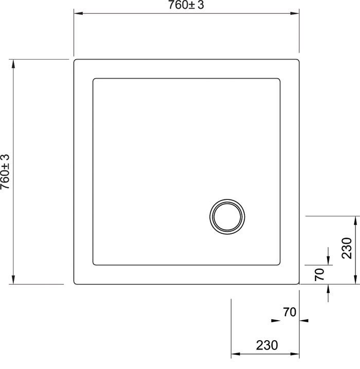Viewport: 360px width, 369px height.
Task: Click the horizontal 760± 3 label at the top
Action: click(186, 6)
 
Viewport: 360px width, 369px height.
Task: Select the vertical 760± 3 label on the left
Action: click(6, 173)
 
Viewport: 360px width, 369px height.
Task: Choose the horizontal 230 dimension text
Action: click(265, 345)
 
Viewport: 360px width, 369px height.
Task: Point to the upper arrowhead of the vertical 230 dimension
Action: click(356, 220)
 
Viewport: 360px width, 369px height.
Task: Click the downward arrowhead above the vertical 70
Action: click(328, 261)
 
